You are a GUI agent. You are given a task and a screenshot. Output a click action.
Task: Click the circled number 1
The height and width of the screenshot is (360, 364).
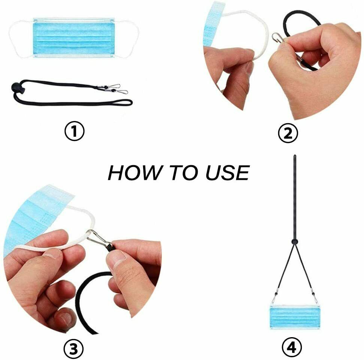pyautogui.click(x=75, y=132)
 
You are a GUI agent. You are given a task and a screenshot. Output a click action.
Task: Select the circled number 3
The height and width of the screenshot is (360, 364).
pyautogui.click(x=73, y=349)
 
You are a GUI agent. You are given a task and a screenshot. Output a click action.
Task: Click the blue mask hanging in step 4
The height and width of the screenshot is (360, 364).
pyautogui.click(x=295, y=317)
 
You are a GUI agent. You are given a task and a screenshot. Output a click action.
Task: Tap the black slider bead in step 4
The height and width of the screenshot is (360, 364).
pyautogui.click(x=295, y=242)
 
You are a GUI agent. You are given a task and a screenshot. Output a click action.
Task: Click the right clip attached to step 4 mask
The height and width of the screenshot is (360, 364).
pyautogui.click(x=315, y=298)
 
